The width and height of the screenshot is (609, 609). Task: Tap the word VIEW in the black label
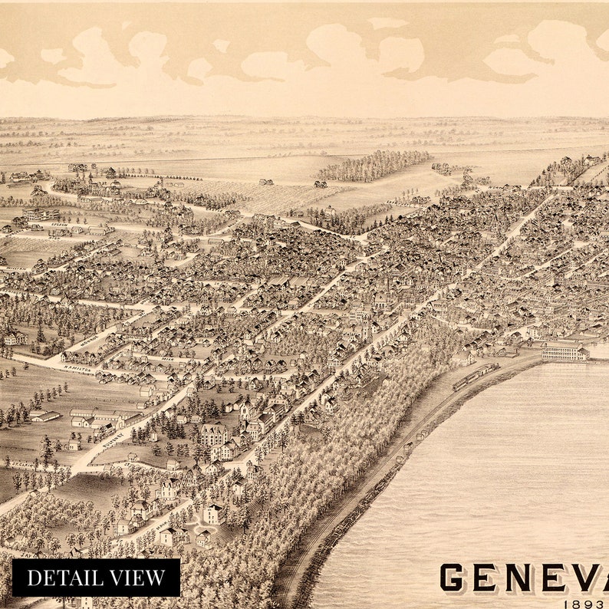[140, 578]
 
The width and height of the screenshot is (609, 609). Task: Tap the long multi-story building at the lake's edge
[565, 351]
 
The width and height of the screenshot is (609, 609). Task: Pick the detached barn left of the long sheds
[46, 416]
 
